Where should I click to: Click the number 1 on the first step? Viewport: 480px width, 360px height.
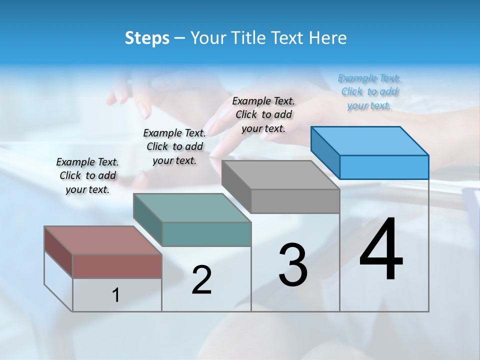click(x=116, y=295)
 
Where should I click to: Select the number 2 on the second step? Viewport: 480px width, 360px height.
click(x=201, y=280)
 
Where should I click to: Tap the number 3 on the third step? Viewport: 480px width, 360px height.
click(x=292, y=265)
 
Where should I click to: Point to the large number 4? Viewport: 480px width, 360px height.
click(x=381, y=250)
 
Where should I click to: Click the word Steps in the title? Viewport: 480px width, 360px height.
click(x=147, y=38)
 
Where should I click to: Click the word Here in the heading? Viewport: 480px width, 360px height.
click(x=329, y=38)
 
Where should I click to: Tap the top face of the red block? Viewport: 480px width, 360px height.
click(x=103, y=240)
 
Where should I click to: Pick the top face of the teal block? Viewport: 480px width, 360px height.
click(x=192, y=207)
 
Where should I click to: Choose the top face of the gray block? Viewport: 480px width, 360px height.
click(x=280, y=175)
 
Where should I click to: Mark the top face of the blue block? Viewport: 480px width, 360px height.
click(x=370, y=140)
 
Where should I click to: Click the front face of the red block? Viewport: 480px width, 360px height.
click(x=117, y=266)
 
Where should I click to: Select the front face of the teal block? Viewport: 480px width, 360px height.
click(x=206, y=234)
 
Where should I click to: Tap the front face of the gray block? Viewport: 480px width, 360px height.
click(x=295, y=201)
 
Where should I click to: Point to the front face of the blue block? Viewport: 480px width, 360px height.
click(x=384, y=167)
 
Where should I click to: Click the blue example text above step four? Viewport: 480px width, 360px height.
click(x=369, y=92)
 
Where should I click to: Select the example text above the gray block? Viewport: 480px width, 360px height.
click(x=263, y=114)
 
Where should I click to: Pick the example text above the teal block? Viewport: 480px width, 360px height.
click(x=174, y=146)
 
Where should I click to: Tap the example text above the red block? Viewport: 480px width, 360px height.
click(x=87, y=175)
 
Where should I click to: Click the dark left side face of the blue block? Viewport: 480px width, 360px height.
click(x=325, y=152)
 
